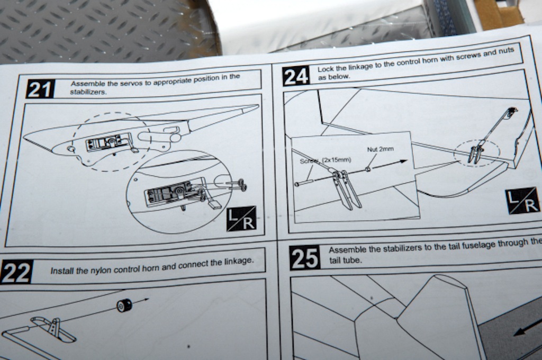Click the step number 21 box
40,89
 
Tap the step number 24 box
296,76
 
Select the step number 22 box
16,272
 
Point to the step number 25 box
304,258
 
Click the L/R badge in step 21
241,219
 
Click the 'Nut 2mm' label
380,149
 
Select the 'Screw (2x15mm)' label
326,160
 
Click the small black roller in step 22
124,305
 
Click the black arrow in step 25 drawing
528,330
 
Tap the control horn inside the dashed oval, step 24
475,154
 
